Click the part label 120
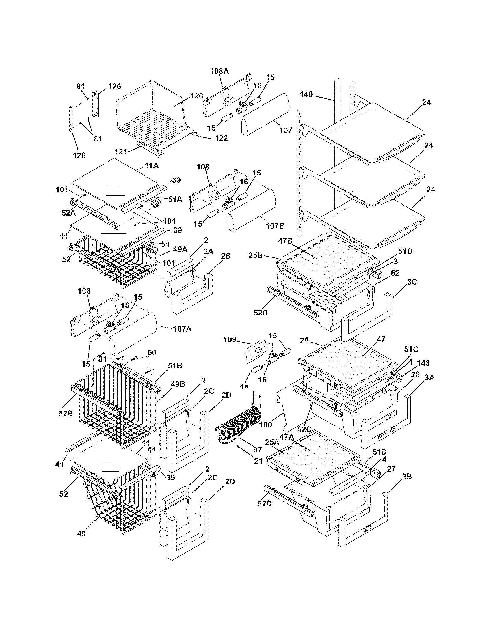(197, 96)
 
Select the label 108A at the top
(220, 71)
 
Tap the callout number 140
(306, 94)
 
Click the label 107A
(183, 329)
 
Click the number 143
(423, 363)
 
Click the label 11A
(152, 166)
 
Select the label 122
(221, 138)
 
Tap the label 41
(59, 465)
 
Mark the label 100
(265, 425)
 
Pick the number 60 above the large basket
(152, 353)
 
